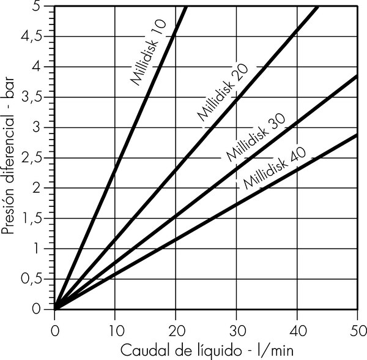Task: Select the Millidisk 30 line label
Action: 251,138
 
